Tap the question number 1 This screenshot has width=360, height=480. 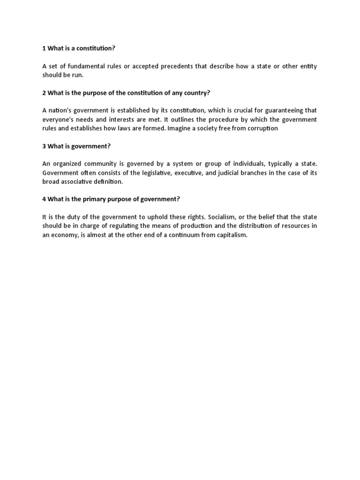(44, 48)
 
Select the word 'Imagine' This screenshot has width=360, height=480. (180, 128)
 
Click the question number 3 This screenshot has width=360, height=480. (44, 146)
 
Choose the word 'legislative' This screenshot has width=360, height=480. (176, 172)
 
